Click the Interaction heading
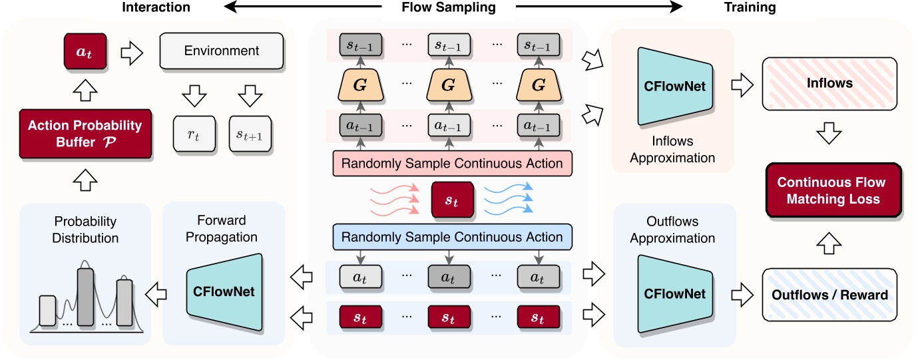[x=156, y=8]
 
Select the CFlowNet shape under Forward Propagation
[x=224, y=291]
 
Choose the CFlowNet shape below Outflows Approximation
[x=675, y=293]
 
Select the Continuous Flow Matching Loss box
[x=832, y=191]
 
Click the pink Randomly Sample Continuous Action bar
[x=451, y=162]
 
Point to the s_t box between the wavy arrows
[x=452, y=200]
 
